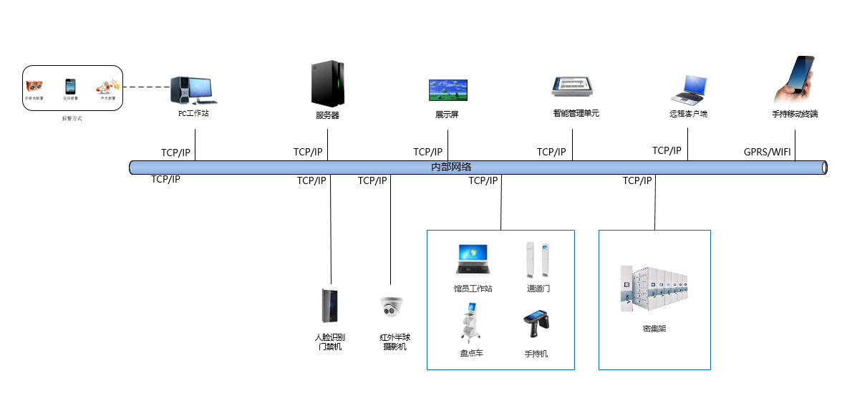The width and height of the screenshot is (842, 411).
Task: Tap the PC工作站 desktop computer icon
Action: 193,90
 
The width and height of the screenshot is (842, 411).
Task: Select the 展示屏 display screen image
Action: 447,90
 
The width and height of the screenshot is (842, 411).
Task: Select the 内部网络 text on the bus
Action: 451,167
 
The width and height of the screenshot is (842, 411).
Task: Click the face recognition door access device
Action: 330,306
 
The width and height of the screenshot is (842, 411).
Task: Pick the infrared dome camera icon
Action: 391,307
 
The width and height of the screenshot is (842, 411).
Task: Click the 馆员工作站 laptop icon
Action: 473,260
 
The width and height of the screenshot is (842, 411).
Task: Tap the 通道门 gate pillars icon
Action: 537,260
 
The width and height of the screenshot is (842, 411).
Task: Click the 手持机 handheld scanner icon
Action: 535,324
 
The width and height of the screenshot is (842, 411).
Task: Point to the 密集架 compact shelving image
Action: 654,289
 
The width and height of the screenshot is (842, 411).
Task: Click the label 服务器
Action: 327,115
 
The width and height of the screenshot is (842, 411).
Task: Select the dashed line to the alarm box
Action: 146,88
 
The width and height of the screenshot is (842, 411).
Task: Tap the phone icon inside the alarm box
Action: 70,87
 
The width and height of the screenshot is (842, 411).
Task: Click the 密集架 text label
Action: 654,329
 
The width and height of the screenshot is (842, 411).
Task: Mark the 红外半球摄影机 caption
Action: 395,342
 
